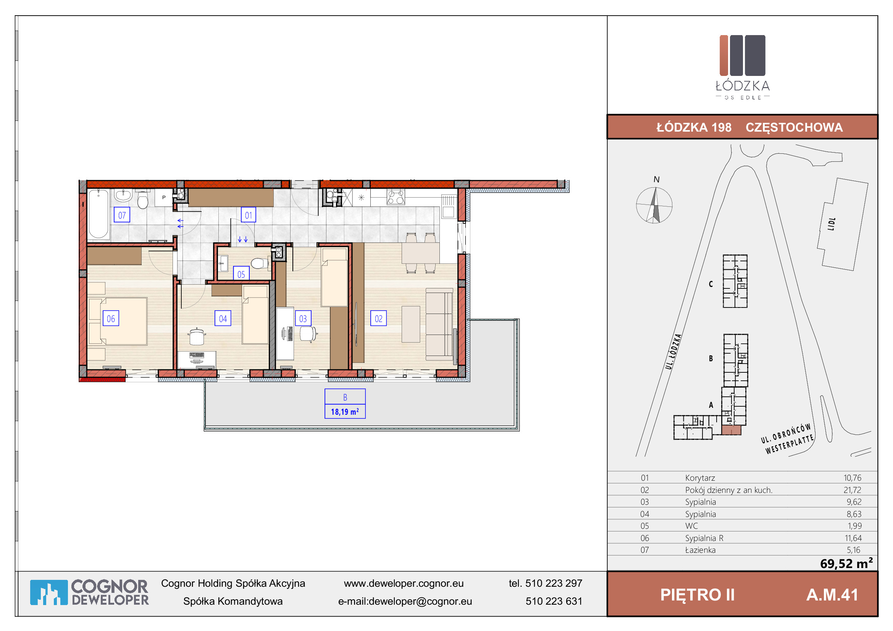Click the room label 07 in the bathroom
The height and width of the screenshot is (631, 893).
pos(122,215)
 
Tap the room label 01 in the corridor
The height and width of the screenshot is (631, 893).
pos(248,215)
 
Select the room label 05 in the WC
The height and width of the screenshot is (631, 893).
pos(241,274)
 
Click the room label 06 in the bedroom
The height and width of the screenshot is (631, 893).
pos(111,319)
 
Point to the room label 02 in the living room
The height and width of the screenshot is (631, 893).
pos(378,319)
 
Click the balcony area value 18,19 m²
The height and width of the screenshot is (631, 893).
pos(345,412)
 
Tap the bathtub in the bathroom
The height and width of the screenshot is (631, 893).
pos(99,214)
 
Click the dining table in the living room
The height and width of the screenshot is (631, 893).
pos(420,253)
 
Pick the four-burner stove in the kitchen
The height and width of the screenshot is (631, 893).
pos(396,197)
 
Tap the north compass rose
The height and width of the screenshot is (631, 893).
pos(654,205)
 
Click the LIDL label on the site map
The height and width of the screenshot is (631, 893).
pos(831,224)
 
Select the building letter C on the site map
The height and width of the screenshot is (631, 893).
pos(711,284)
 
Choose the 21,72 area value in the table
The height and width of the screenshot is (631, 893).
pos(852,490)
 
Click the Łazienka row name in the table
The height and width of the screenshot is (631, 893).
pos(700,550)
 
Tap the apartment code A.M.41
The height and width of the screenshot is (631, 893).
pos(832,595)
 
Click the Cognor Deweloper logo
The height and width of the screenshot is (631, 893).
pos(89,592)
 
